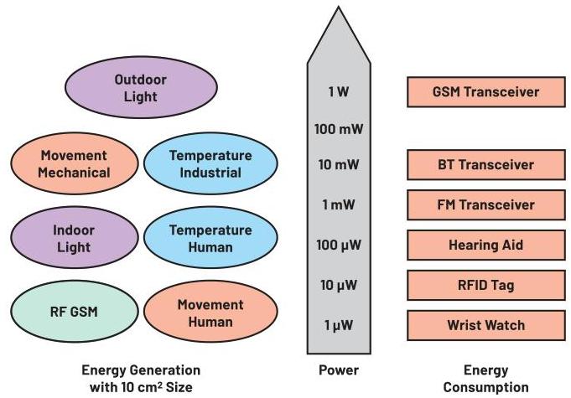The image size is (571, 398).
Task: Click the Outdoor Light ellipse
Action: [140, 88]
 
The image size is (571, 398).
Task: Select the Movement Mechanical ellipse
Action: [74, 164]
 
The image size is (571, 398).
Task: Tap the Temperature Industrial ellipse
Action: [210, 164]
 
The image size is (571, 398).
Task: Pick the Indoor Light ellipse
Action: [74, 238]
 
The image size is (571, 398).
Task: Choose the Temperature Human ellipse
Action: [210, 238]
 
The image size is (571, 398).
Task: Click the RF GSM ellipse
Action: [74, 313]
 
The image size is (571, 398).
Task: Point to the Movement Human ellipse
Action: [210, 313]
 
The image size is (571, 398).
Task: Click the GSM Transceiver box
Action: [485, 91]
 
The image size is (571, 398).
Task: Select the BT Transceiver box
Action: [485, 164]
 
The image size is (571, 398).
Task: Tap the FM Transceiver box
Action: [485, 204]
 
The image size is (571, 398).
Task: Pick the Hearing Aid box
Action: [485, 245]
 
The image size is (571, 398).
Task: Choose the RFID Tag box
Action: [485, 285]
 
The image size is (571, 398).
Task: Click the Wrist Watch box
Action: [485, 325]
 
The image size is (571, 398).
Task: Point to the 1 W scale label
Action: [338, 91]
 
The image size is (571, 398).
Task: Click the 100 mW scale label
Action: [338, 129]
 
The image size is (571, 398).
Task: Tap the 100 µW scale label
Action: [338, 246]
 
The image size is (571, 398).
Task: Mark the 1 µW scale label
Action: [338, 325]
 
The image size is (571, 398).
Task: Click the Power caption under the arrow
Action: [338, 370]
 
